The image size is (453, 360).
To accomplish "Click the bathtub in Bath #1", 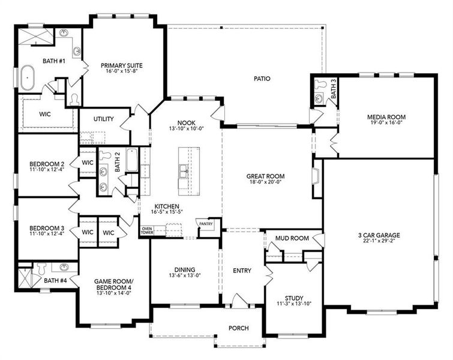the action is [28, 78].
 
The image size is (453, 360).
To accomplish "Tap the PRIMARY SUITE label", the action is [122, 65].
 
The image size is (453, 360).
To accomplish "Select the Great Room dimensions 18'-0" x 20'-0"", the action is [266, 182].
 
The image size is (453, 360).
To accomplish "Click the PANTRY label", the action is [206, 224].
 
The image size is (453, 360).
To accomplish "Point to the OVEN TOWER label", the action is [147, 230].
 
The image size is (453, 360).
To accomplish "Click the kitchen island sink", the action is [184, 171].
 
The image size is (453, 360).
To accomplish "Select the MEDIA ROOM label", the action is [386, 117].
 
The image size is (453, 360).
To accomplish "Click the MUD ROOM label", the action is [292, 238].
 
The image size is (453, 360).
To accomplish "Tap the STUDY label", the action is [294, 298].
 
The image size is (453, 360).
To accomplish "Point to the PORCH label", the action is [239, 328].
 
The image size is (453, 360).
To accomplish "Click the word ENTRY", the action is [242, 271].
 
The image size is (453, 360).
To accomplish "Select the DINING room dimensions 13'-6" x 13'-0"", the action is [185, 275].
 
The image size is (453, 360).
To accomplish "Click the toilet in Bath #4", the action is [41, 269].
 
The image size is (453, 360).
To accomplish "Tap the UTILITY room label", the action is [103, 119].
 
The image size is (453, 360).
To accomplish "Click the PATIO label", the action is [262, 78].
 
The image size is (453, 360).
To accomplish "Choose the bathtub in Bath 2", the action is [132, 160].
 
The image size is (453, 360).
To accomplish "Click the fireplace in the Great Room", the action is [316, 176].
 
